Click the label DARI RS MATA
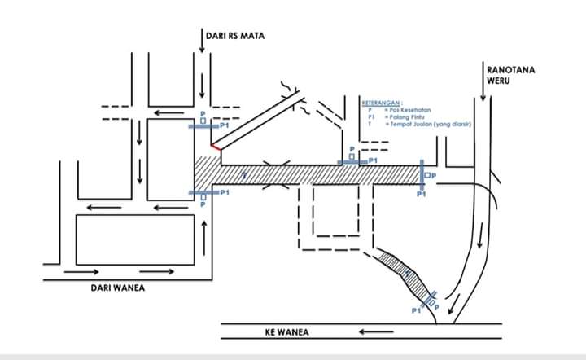click(235, 36)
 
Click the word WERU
click(497, 80)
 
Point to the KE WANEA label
click(286, 332)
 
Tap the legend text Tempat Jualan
click(420, 125)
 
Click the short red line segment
click(216, 147)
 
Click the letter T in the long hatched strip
click(243, 175)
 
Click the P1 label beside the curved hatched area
click(416, 310)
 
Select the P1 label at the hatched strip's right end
click(421, 194)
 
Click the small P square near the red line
click(203, 120)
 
